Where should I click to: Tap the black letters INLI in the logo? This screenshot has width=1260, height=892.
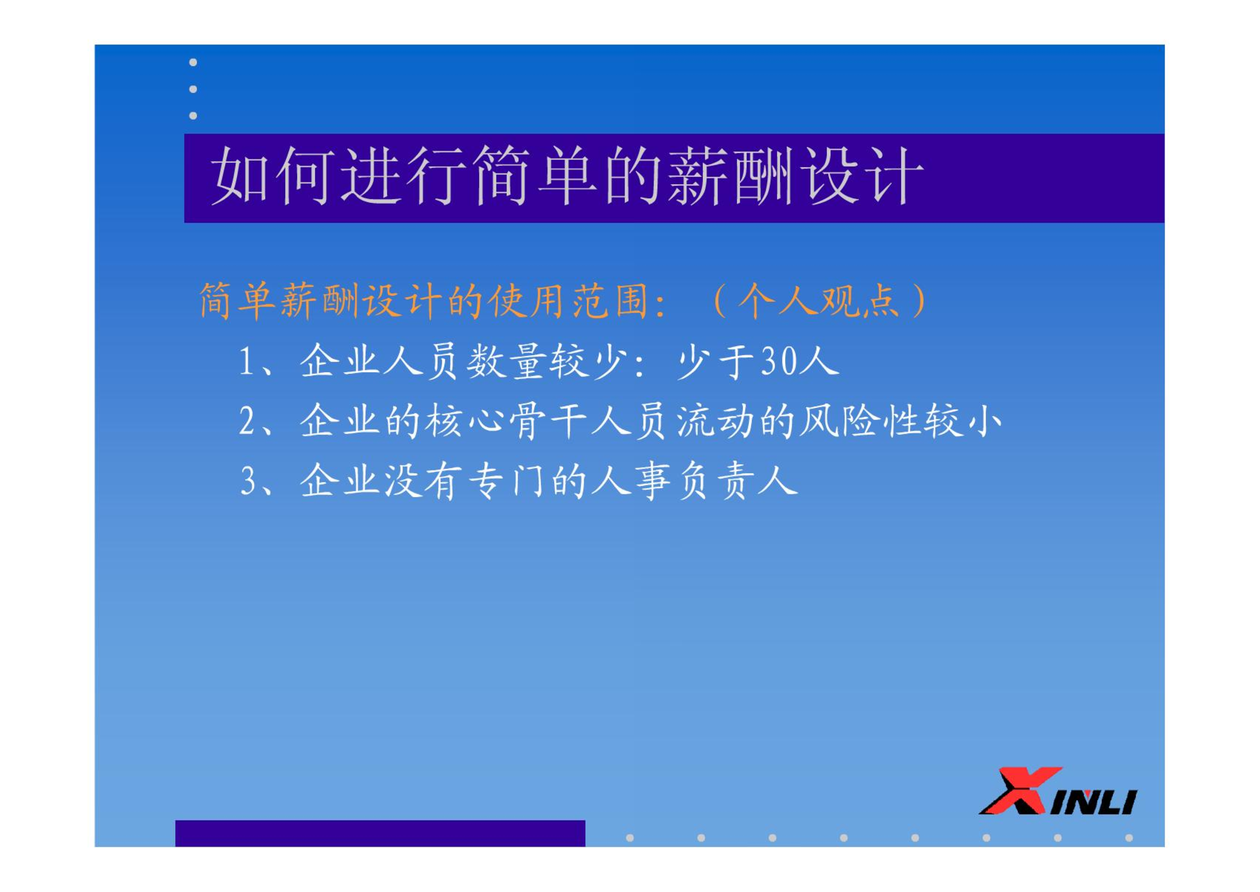pyautogui.click(x=1094, y=802)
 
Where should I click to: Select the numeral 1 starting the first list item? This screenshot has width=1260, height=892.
pyautogui.click(x=246, y=361)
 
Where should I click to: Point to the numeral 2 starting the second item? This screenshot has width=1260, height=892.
pyautogui.click(x=246, y=421)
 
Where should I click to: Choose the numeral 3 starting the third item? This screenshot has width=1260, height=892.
pyautogui.click(x=247, y=481)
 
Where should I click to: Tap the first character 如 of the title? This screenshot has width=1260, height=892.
pyautogui.click(x=241, y=176)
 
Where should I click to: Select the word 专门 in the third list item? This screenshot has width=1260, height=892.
pyautogui.click(x=506, y=481)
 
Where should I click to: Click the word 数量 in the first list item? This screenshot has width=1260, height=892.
pyautogui.click(x=506, y=361)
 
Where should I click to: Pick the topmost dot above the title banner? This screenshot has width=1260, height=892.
pyautogui.click(x=193, y=62)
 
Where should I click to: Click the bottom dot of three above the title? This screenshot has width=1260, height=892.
pyautogui.click(x=193, y=115)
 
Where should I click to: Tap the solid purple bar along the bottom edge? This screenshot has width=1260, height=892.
pyautogui.click(x=380, y=833)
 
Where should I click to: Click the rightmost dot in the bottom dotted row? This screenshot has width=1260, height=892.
pyautogui.click(x=1129, y=838)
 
